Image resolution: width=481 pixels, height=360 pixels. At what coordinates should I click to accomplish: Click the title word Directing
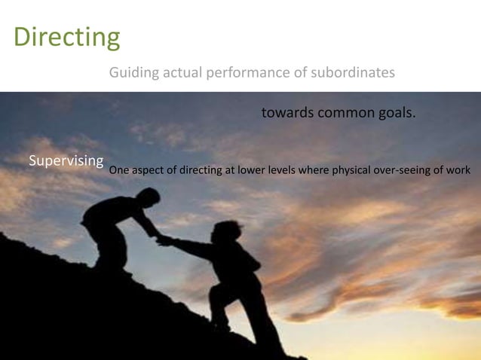pos(66,36)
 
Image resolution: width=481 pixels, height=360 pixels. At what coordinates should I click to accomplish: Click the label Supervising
pos(66,160)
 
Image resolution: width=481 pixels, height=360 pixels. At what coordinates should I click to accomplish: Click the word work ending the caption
pos(458,170)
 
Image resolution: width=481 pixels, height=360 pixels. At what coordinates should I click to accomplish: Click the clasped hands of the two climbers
pos(161,240)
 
